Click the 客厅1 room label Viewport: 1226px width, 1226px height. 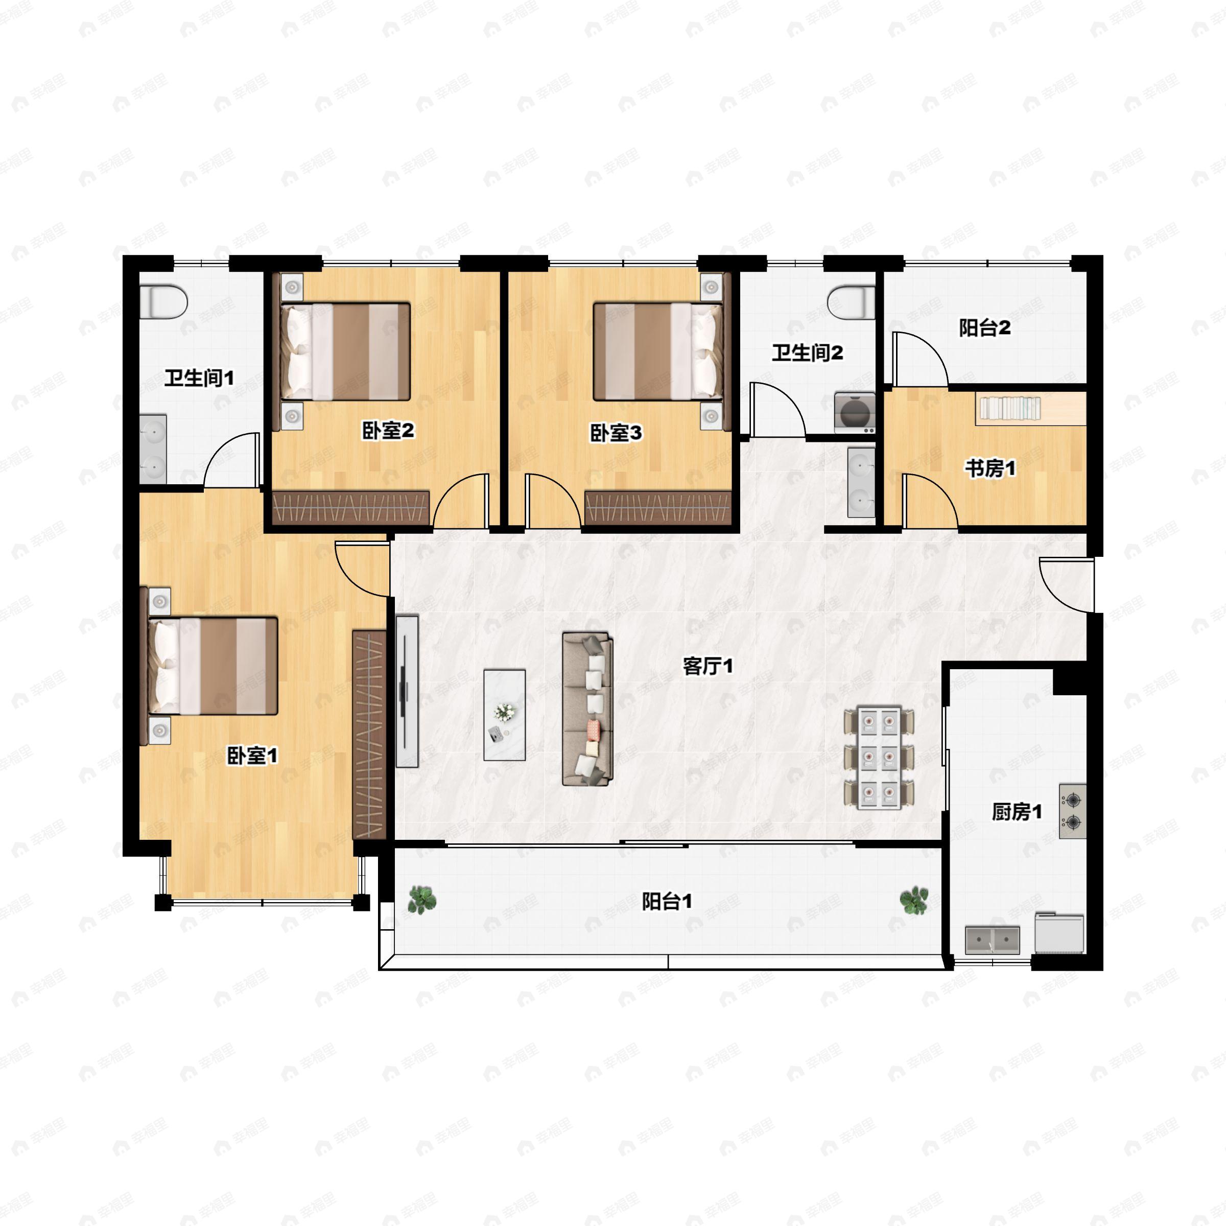[708, 666]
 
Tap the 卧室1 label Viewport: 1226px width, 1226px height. [252, 756]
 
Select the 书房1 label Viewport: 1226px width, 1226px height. [990, 469]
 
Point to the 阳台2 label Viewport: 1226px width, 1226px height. [984, 328]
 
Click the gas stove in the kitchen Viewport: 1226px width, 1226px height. [1072, 812]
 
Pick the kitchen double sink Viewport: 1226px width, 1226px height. [993, 940]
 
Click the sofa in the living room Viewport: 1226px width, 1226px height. [587, 709]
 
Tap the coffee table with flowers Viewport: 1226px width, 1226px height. [505, 715]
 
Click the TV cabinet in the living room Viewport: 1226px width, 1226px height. [407, 691]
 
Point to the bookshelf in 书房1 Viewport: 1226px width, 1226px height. [1010, 408]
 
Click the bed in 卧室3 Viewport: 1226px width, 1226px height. [658, 351]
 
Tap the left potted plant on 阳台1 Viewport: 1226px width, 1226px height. [421, 899]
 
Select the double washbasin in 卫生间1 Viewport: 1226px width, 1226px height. [153, 450]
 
